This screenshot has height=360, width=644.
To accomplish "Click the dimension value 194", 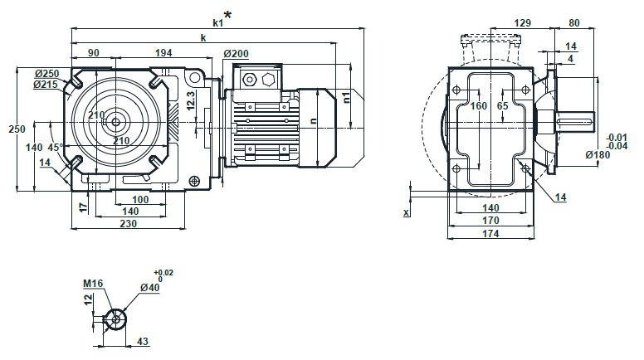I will pyautogui.click(x=163, y=53).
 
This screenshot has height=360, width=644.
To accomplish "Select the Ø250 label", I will pyautogui.click(x=46, y=74).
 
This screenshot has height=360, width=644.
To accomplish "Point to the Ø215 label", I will pyautogui.click(x=46, y=85).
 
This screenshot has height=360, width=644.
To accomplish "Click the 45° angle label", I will pyautogui.click(x=55, y=147).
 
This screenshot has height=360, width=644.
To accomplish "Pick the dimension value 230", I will pyautogui.click(x=128, y=224).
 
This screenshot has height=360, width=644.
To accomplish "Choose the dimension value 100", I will pyautogui.click(x=140, y=200).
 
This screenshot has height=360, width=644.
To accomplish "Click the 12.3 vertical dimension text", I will pyautogui.click(x=191, y=100).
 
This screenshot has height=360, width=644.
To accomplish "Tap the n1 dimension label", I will pyautogui.click(x=346, y=96).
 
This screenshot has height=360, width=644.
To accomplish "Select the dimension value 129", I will pyautogui.click(x=523, y=23).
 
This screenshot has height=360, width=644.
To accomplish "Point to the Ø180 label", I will pyautogui.click(x=598, y=154).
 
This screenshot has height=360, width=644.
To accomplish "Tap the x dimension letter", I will pyautogui.click(x=407, y=212).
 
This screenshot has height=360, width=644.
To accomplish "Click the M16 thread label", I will pyautogui.click(x=92, y=284).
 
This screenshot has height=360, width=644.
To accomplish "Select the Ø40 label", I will pyautogui.click(x=150, y=288).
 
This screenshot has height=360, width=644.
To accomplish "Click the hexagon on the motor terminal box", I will pyautogui.click(x=268, y=80).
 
